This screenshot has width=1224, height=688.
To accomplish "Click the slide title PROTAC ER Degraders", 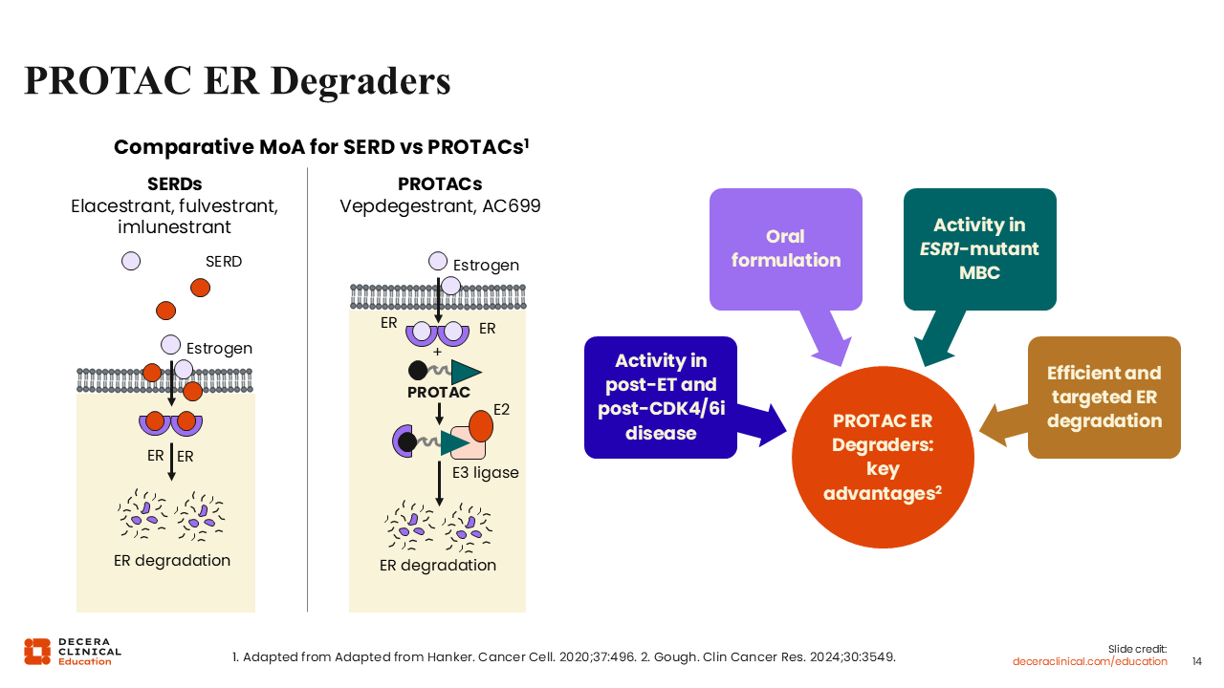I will (237, 81).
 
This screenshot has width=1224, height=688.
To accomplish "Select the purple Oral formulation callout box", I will (785, 248).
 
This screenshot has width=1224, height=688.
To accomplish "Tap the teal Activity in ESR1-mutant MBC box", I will (979, 248).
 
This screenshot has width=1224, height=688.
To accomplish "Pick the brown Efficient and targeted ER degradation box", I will (1104, 397).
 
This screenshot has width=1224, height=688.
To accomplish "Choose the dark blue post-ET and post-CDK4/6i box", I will (661, 397).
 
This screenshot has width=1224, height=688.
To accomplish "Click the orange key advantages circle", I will (883, 457).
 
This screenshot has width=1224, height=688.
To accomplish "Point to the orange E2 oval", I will (481, 425).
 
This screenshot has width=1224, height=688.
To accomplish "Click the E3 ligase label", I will (485, 472).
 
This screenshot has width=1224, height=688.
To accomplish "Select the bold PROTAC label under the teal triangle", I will (439, 393).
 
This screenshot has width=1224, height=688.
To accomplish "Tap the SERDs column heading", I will (175, 184).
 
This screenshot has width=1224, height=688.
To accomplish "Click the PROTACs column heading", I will (440, 184).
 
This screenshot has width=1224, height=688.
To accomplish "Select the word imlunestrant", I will (174, 227).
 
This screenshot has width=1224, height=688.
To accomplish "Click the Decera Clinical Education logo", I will (73, 651).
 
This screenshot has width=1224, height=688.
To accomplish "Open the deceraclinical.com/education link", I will (1090, 661).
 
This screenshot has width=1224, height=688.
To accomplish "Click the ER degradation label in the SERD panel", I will (172, 560).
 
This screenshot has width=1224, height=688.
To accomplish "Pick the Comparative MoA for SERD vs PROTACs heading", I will (321, 147).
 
